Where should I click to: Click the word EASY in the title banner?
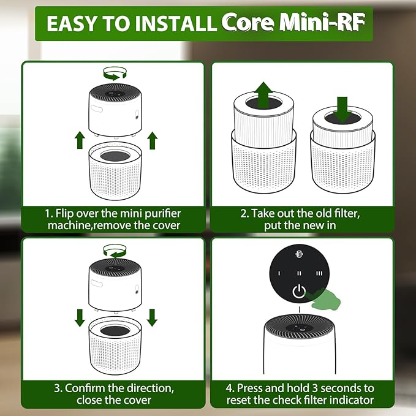point(72,23)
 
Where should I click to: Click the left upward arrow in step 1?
point(79,140)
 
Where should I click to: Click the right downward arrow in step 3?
point(153,316)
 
